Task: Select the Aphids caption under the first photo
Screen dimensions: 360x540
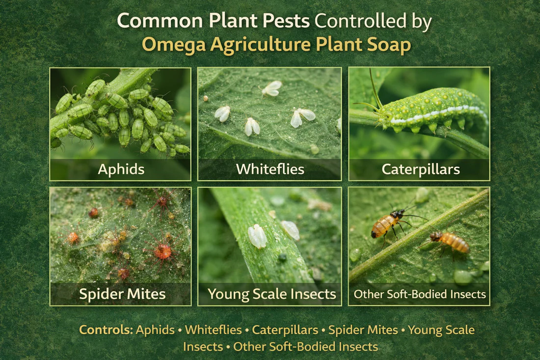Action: [x=121, y=169]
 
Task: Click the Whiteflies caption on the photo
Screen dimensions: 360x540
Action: [x=270, y=169]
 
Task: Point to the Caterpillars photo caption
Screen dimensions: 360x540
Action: [x=421, y=169]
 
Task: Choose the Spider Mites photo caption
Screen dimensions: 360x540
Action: [x=122, y=295]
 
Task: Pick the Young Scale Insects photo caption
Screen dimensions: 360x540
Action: [x=271, y=294]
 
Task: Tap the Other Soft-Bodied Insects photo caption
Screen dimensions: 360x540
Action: [x=420, y=295]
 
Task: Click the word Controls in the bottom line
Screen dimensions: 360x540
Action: [x=106, y=330]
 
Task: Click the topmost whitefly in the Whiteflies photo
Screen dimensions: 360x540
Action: [x=271, y=88]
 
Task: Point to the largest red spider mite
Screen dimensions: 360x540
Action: [x=162, y=250]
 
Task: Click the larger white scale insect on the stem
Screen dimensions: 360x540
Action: [x=257, y=236]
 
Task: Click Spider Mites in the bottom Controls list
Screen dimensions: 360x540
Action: [x=363, y=330]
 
